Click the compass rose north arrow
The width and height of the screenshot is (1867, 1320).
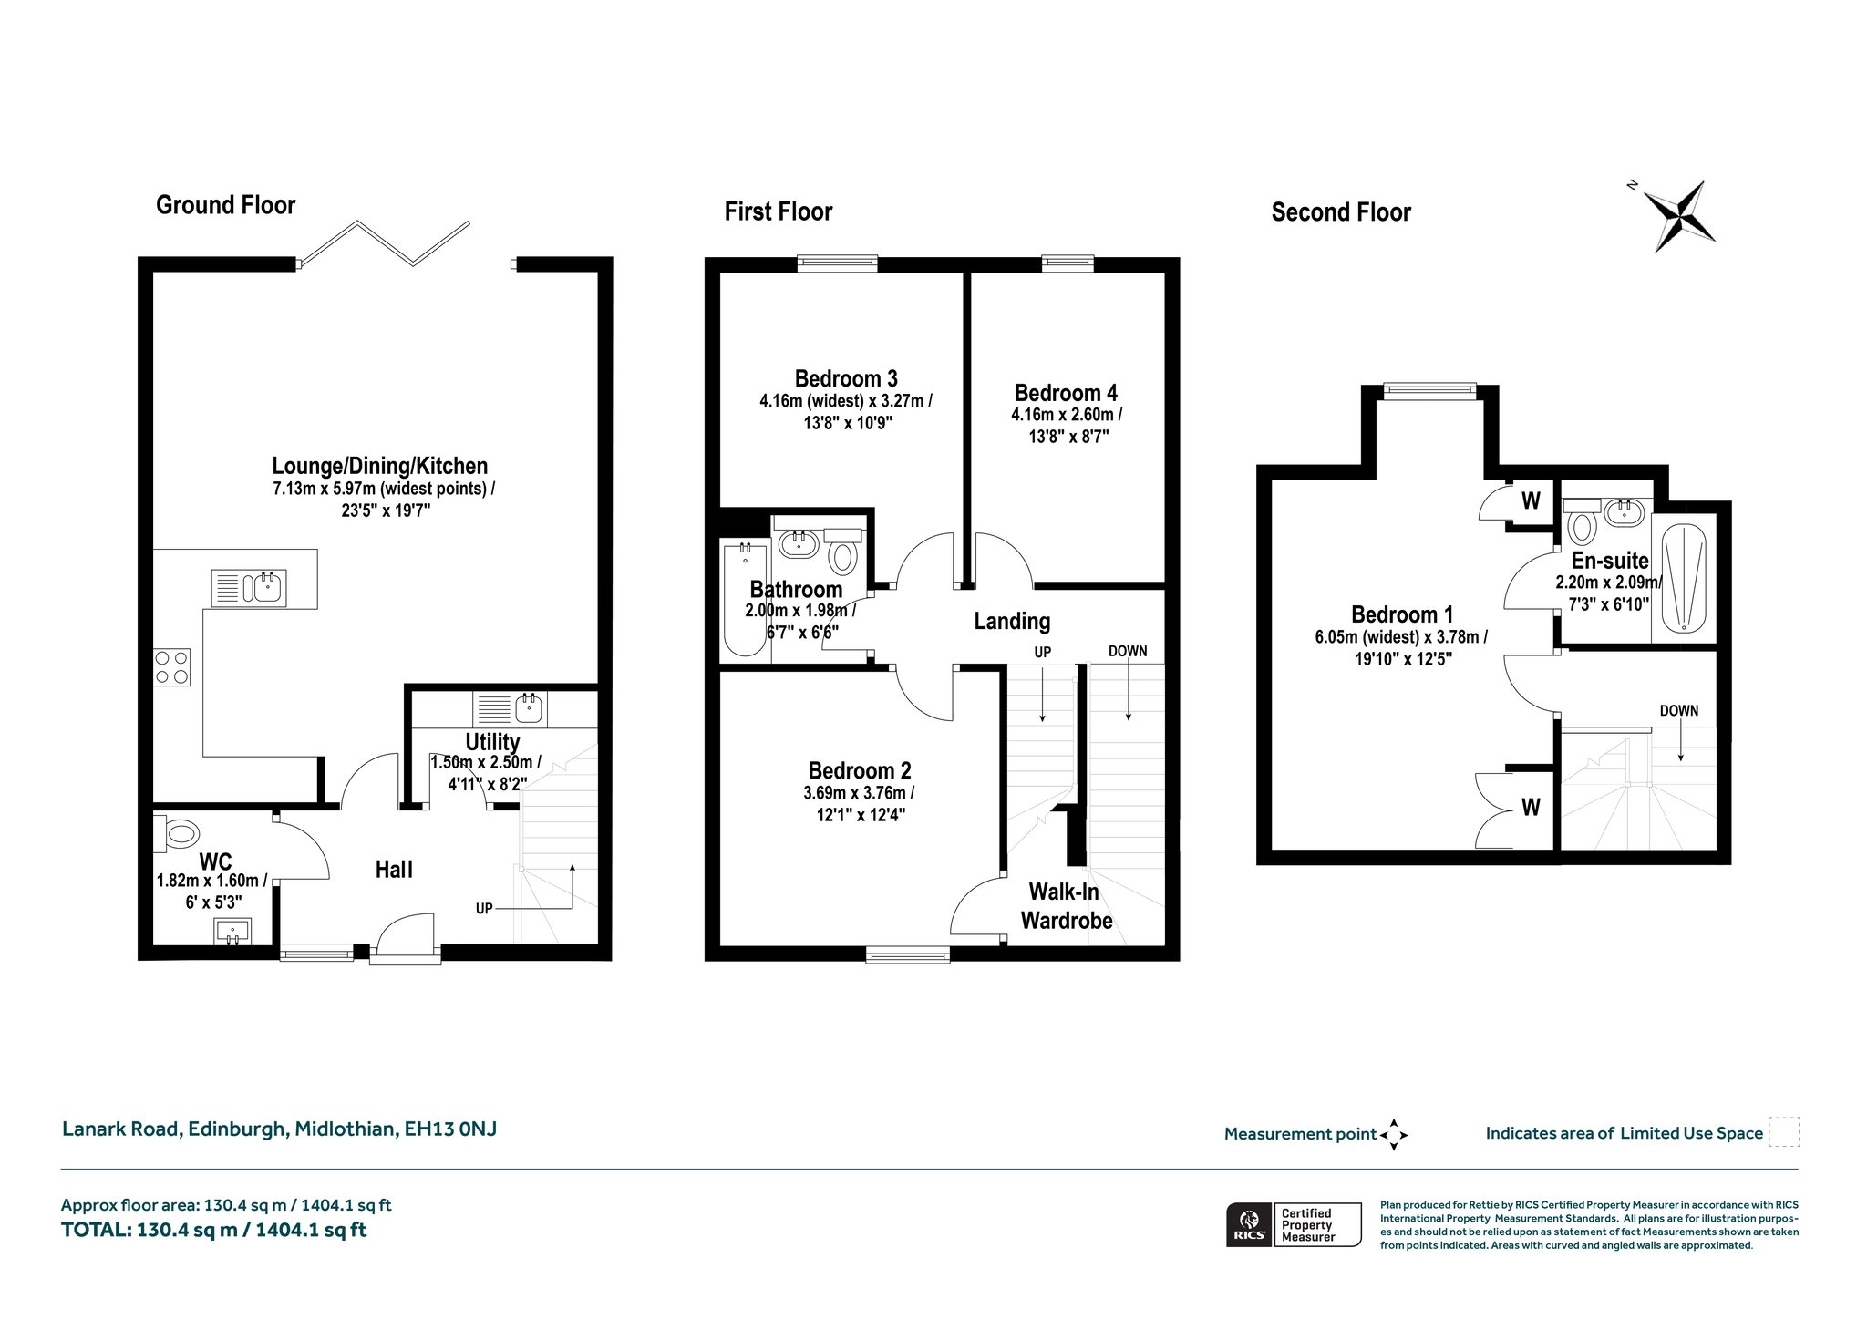click(1680, 215)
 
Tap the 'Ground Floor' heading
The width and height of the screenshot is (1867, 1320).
click(226, 205)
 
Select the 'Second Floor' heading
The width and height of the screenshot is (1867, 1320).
click(1341, 212)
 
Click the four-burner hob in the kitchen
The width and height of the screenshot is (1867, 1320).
click(171, 666)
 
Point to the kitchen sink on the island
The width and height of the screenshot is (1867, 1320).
click(249, 587)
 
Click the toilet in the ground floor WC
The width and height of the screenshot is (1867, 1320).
click(177, 831)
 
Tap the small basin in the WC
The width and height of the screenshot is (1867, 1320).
click(233, 932)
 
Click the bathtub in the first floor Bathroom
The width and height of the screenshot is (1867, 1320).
click(745, 599)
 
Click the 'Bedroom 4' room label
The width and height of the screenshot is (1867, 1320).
click(1066, 393)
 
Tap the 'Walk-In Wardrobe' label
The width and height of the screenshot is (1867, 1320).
click(1066, 906)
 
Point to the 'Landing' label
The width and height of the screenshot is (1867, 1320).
click(1012, 622)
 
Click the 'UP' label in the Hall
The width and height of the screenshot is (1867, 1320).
click(484, 908)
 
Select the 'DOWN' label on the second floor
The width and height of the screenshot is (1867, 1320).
click(1678, 711)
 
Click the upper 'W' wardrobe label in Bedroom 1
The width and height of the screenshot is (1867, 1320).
click(1531, 500)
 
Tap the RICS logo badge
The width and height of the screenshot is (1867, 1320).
click(1249, 1224)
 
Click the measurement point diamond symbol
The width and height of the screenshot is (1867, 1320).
click(1394, 1135)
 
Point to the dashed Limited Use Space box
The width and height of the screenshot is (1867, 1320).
click(1784, 1131)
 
